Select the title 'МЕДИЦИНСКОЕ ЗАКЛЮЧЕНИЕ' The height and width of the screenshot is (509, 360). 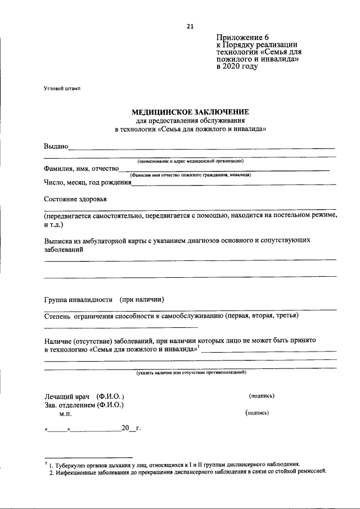pos(190,112)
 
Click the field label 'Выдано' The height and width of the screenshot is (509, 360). pos(56,147)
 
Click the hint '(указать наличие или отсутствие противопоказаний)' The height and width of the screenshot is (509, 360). pos(191,372)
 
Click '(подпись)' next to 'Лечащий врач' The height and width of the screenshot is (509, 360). pos(262,396)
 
